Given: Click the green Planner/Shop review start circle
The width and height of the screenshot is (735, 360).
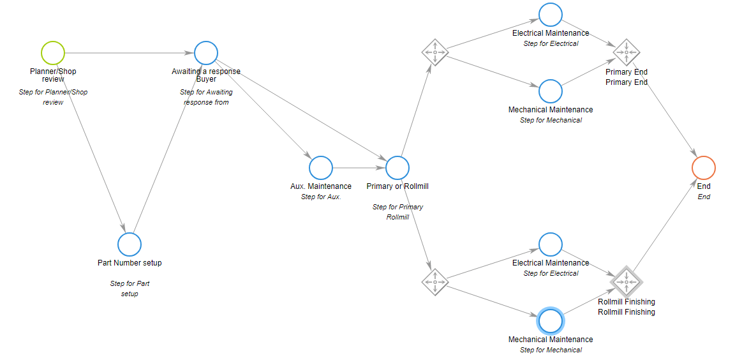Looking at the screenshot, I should [x=53, y=53].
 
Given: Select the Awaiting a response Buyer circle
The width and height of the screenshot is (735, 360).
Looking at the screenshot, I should [x=206, y=53].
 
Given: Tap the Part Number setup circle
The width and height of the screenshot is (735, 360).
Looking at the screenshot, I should [x=130, y=244].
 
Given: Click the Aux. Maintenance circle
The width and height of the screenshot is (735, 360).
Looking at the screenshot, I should [x=321, y=168].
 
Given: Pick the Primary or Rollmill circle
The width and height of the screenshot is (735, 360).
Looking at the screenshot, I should [x=397, y=168].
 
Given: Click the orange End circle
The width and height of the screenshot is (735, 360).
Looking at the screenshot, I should [x=704, y=168].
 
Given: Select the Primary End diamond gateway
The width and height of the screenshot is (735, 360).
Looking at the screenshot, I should [x=627, y=52].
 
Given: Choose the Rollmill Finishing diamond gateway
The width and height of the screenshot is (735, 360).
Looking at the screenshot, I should [x=627, y=281].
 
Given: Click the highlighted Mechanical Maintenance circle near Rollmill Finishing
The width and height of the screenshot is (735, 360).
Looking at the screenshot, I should [x=551, y=320].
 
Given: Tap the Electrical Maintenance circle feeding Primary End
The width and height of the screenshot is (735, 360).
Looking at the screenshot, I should [x=551, y=15].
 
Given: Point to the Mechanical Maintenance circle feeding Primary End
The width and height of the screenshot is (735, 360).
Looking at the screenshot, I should [x=551, y=91].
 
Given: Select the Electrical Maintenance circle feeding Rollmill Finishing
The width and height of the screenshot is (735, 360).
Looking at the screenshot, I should [x=551, y=244].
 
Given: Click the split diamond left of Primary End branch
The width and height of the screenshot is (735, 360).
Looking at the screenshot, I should [x=434, y=52].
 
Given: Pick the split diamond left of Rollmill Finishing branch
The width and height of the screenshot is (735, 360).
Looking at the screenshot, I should [x=434, y=281].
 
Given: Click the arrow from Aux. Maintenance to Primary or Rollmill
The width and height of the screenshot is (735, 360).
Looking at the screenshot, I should [x=359, y=168].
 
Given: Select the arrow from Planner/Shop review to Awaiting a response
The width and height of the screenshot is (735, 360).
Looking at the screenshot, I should [x=128, y=53].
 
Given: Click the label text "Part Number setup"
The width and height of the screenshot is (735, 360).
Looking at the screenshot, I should [x=130, y=263].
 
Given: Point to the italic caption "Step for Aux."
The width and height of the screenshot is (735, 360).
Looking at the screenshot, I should [x=321, y=197].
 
